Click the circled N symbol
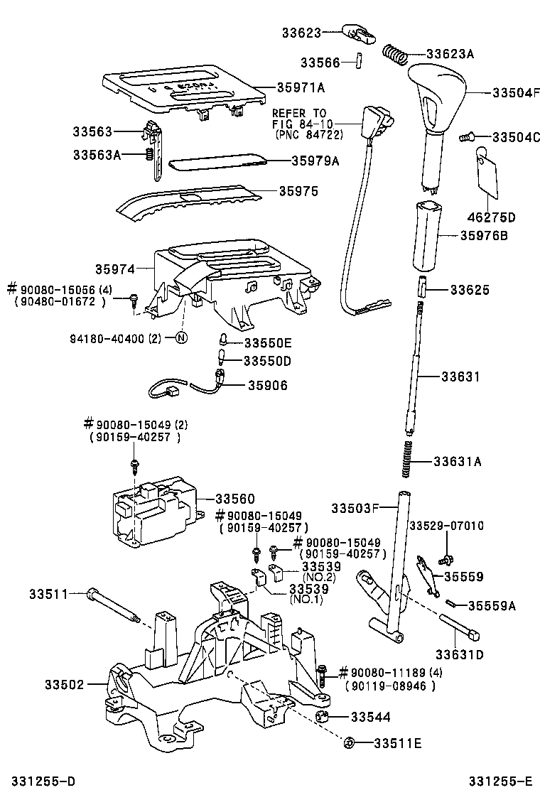(x=180, y=337)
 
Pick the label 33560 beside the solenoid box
(x=234, y=499)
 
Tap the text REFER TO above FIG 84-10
(x=299, y=113)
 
